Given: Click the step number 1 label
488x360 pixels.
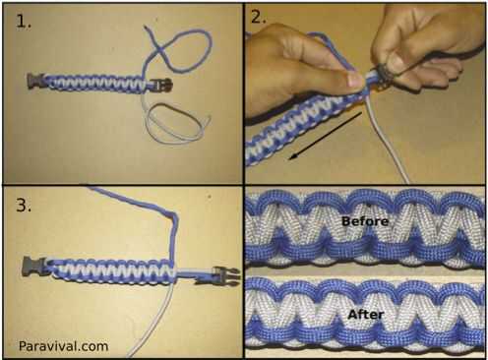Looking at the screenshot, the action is click(24, 23).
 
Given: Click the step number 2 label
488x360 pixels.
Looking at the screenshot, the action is click(258, 17).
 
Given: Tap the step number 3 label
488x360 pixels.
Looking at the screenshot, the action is click(24, 206).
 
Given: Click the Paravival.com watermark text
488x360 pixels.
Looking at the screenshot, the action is click(63, 346).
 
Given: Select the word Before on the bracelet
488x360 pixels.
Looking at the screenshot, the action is click(365, 221).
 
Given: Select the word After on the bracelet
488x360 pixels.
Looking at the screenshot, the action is click(366, 315).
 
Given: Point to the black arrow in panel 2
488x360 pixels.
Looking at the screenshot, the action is click(325, 136).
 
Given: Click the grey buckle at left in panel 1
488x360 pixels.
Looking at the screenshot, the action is click(35, 81).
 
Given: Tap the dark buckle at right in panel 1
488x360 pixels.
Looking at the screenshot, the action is click(162, 85).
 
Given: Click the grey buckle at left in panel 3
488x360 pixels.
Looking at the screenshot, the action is click(32, 266).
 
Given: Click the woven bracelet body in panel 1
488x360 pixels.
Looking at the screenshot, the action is click(95, 84).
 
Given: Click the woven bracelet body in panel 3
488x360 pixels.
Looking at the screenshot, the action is click(110, 270).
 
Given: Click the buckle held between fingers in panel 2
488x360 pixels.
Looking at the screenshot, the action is click(381, 74).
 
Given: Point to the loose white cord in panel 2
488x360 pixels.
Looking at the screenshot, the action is click(386, 140).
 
